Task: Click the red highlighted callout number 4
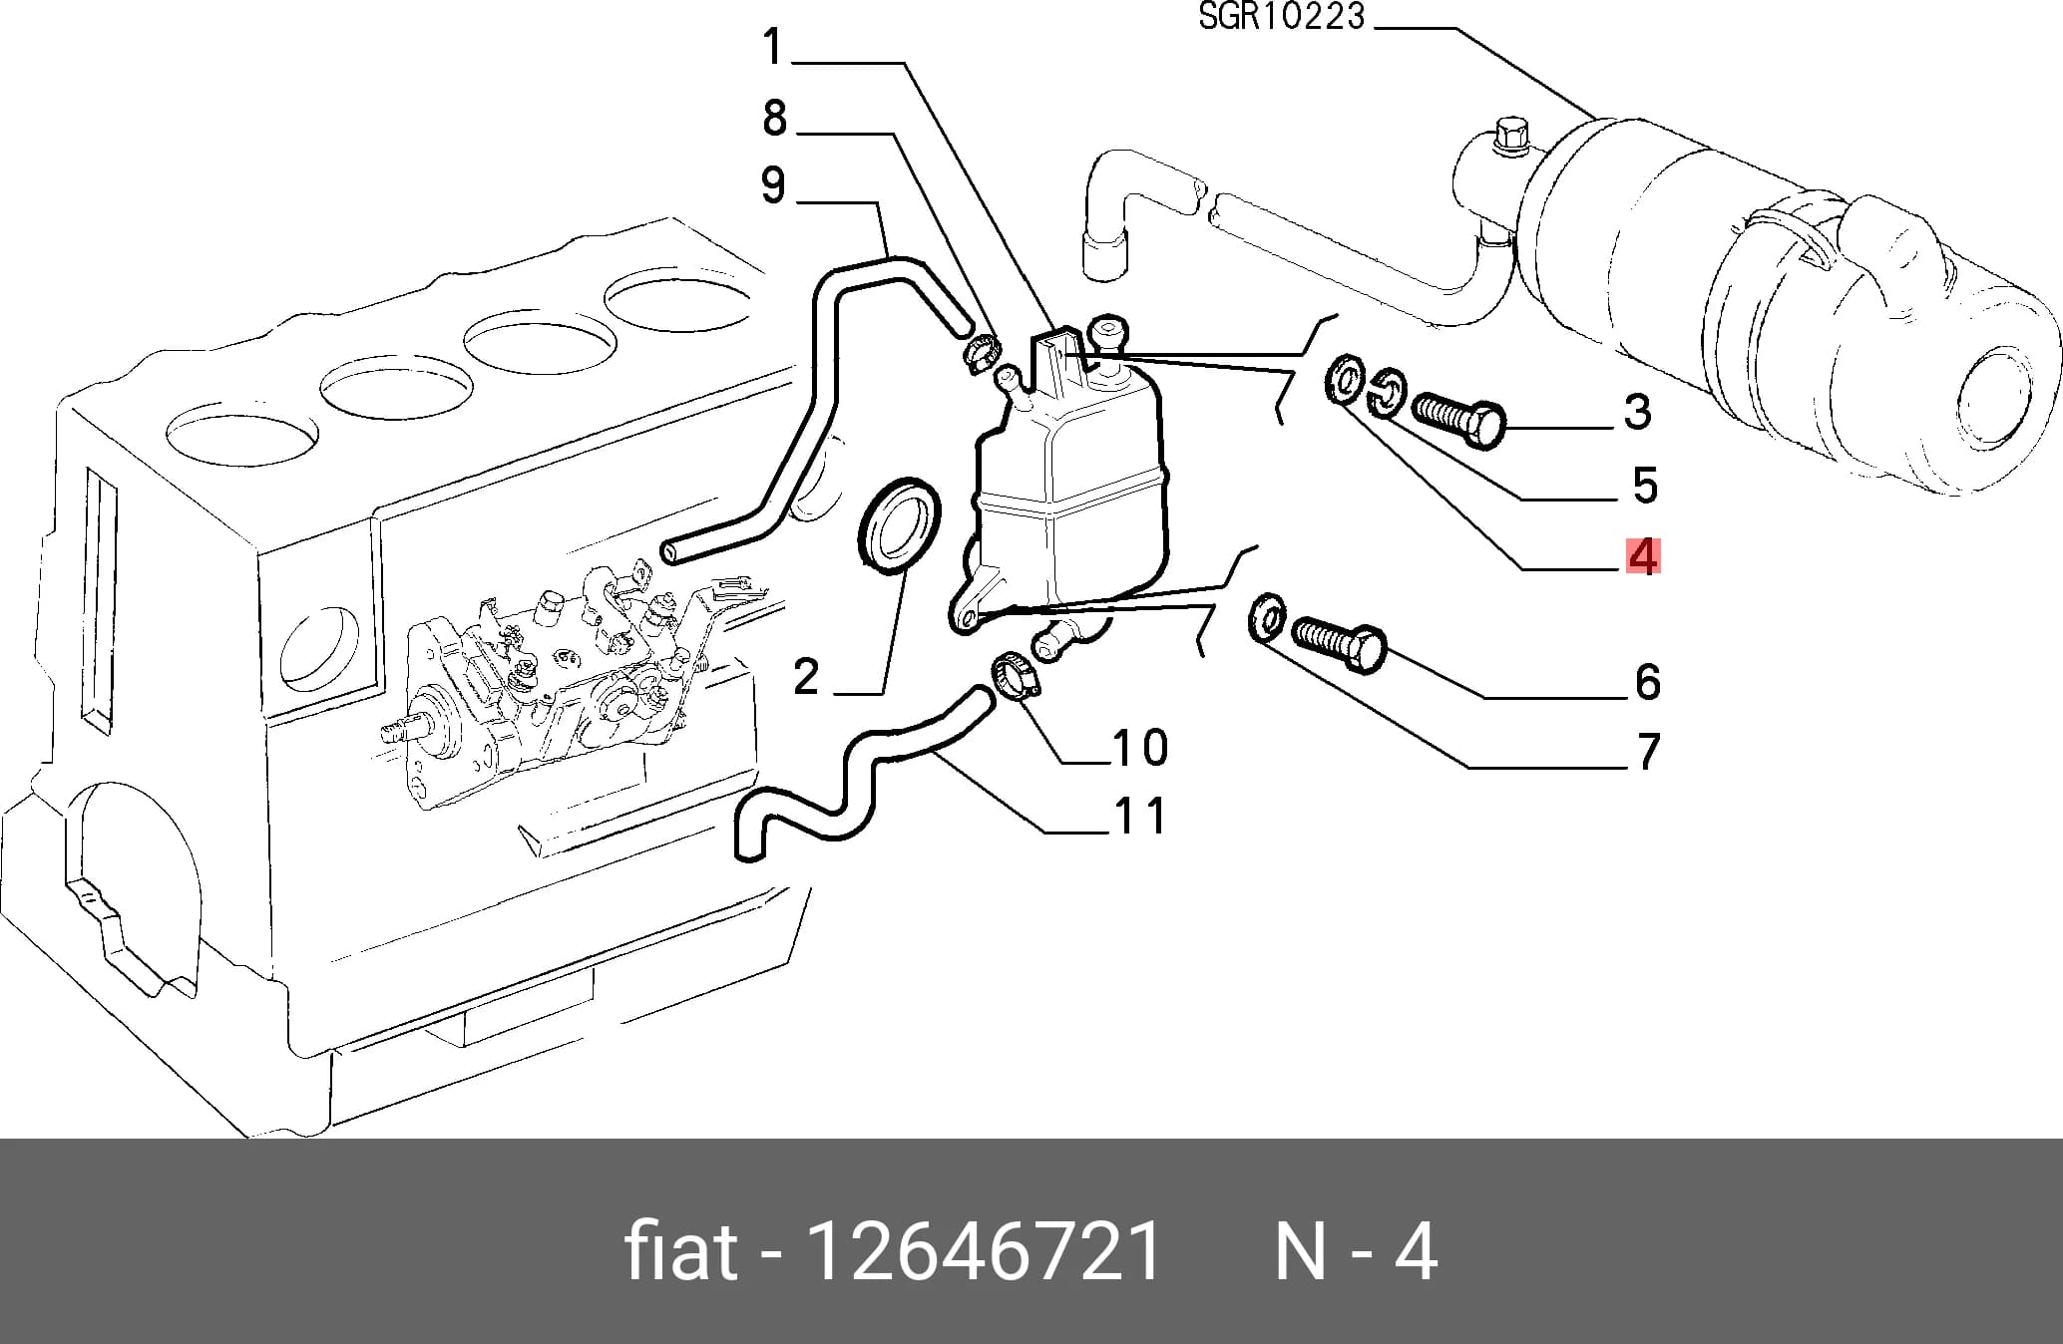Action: point(1642,556)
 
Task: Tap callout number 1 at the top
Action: point(773,47)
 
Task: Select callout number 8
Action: point(775,118)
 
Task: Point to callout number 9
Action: point(773,185)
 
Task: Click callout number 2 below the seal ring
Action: point(806,677)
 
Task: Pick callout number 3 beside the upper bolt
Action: point(1638,411)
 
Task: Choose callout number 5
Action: point(1645,486)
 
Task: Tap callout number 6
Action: point(1648,682)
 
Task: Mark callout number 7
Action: point(1649,751)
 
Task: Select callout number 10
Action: point(1140,747)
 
